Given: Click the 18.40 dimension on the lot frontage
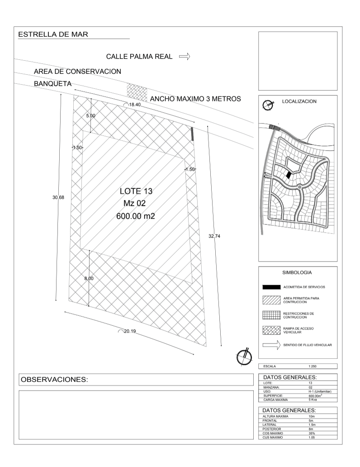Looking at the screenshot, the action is (135, 105).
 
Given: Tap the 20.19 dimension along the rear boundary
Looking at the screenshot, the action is (130, 331).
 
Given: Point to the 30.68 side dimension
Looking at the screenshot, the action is (58, 197).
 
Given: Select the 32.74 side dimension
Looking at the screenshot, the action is (214, 236).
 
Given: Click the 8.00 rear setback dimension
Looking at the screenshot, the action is (89, 278).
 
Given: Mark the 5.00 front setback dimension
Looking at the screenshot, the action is (91, 115).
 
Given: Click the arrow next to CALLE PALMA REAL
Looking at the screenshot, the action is (185, 56).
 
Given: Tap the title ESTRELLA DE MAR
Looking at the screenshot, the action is (53, 34).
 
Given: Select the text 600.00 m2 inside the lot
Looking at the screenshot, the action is (136, 216).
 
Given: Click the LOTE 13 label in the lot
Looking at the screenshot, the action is (136, 191).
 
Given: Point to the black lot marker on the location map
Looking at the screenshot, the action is (288, 175).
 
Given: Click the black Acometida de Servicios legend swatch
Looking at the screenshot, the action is (271, 287).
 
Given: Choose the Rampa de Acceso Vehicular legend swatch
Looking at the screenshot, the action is (271, 330).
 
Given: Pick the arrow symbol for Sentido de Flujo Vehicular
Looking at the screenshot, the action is (271, 345).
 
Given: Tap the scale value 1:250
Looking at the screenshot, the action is (313, 367).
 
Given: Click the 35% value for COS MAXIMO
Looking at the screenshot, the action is (312, 434).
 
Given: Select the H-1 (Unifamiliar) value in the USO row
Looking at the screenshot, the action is (320, 391).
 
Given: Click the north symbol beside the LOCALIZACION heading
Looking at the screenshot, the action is (268, 105).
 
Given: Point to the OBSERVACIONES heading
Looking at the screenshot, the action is (54, 379).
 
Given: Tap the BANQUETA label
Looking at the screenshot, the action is (53, 84).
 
